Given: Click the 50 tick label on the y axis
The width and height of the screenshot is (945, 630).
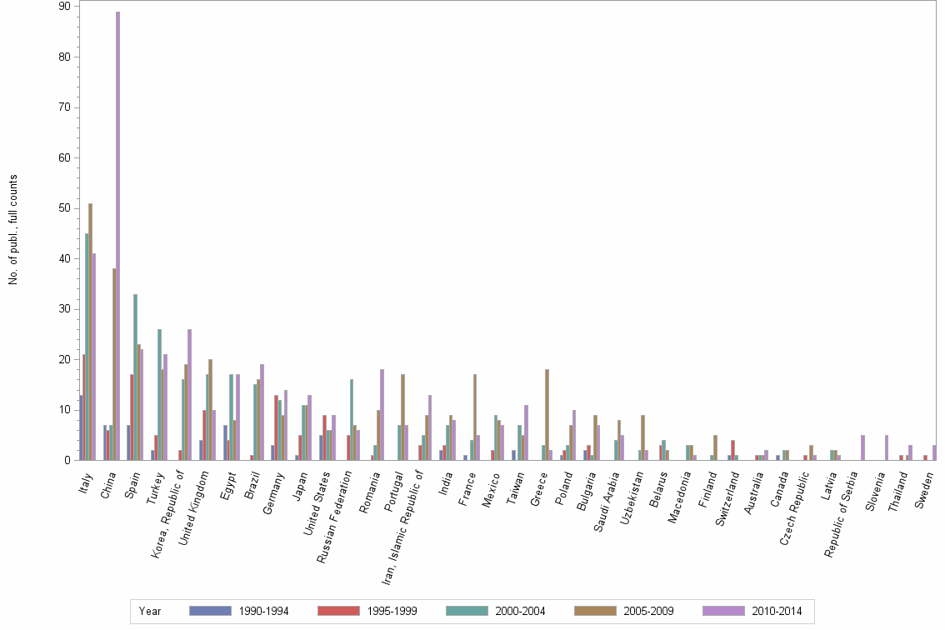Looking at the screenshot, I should point(63,208).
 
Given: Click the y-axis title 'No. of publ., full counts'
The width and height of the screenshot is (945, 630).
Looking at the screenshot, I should point(13,229).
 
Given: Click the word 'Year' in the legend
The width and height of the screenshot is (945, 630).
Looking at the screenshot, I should point(150,611).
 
